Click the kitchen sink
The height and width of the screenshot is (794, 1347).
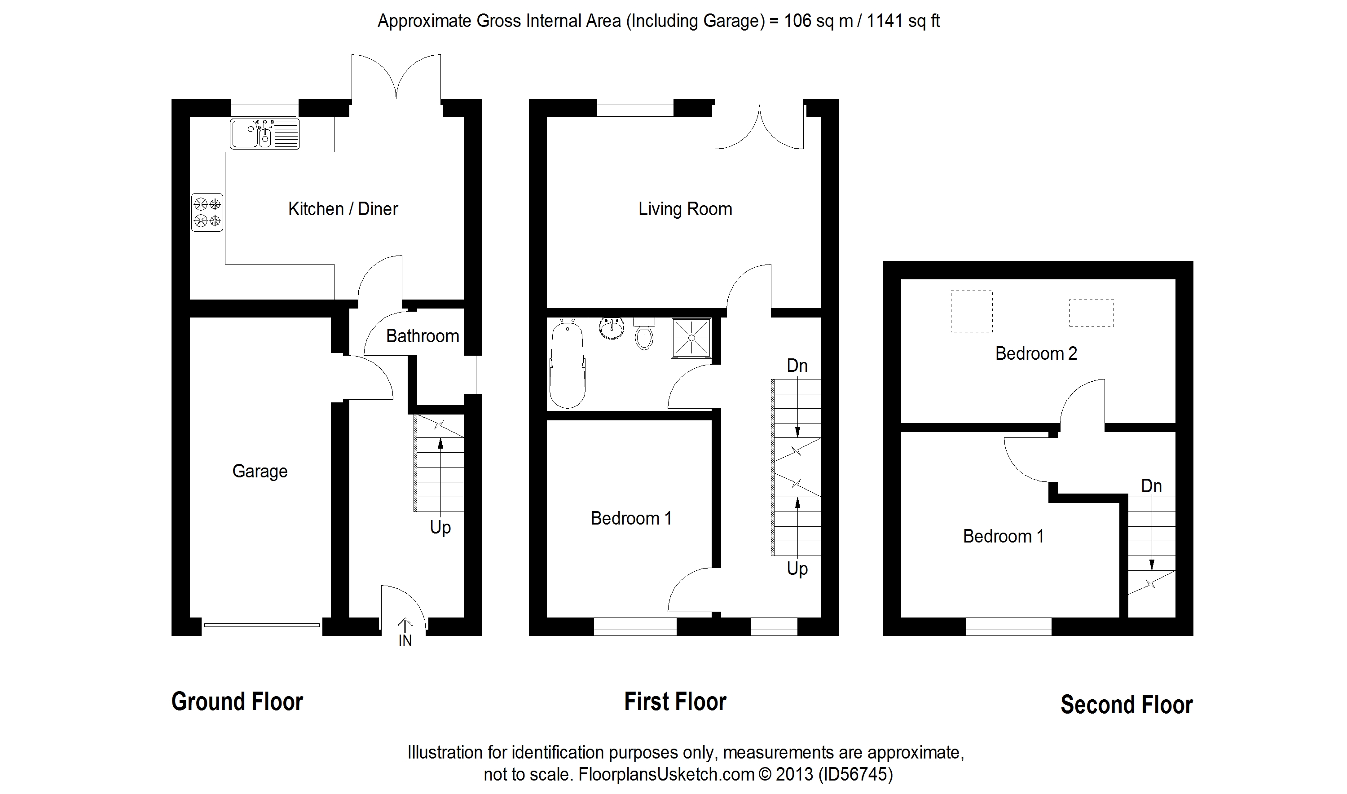point(265,134)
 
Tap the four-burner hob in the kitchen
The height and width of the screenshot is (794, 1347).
point(207,212)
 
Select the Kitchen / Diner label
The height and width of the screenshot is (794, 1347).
point(343,209)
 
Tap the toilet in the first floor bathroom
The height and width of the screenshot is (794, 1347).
point(644,334)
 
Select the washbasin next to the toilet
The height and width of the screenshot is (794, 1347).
point(612,329)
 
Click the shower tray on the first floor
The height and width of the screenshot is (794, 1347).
point(691,338)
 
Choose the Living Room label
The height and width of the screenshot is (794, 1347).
point(685,209)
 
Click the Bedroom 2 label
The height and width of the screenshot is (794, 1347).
point(1036,353)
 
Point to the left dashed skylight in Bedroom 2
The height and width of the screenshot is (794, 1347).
point(972,311)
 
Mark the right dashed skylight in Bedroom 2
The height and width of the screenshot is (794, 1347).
point(1092,313)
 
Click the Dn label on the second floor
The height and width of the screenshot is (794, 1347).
point(1152,486)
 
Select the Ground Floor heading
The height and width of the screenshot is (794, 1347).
point(237,701)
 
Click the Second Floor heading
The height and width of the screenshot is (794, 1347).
point(1127,705)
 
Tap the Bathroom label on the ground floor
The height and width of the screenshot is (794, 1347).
point(423,336)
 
